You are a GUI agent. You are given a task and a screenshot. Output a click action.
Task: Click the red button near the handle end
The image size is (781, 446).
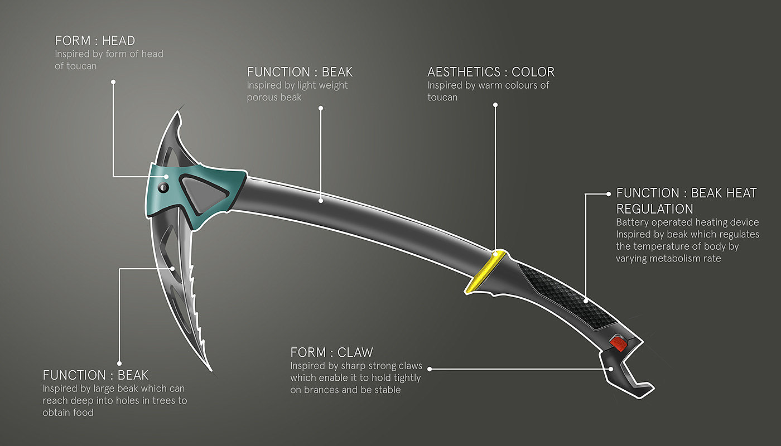coord(618,343)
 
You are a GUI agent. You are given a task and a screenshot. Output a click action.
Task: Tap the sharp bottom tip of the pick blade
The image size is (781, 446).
coord(209,368)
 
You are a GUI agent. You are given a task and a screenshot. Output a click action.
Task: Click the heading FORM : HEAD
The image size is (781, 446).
coord(95,41)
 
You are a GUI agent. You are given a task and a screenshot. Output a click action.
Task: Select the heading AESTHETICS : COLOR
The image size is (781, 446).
coord(491,72)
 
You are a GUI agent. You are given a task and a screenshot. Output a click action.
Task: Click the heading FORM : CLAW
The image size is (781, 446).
coord(331,352)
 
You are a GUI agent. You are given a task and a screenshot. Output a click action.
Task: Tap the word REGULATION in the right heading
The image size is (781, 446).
coord(654,209)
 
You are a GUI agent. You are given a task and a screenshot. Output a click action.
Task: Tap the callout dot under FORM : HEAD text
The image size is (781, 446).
coord(113,81)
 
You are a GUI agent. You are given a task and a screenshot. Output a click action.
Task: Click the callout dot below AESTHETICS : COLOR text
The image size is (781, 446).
coord(495,104)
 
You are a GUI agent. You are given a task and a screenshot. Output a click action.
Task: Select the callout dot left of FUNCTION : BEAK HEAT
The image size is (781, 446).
coord(608,194)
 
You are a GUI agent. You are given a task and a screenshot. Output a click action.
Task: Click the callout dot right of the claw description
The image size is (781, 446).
coord(430,369)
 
